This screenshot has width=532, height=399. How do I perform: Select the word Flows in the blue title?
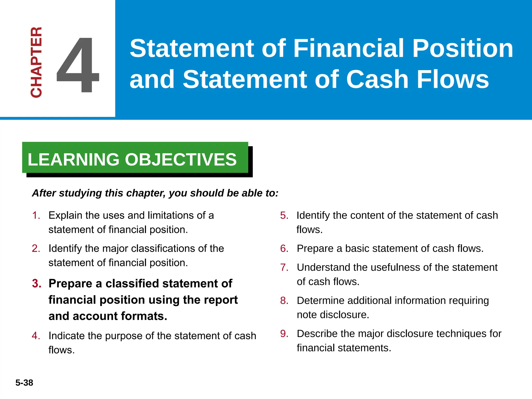(453, 79)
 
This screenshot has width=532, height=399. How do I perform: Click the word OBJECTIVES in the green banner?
(181, 159)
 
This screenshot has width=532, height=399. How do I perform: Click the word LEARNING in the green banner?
(73, 159)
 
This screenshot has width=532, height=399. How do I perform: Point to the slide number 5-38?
(24, 383)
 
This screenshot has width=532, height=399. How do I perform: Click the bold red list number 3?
(37, 283)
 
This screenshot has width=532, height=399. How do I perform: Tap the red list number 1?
(36, 215)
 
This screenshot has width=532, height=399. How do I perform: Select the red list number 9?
(284, 334)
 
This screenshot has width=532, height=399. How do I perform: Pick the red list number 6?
(284, 249)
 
